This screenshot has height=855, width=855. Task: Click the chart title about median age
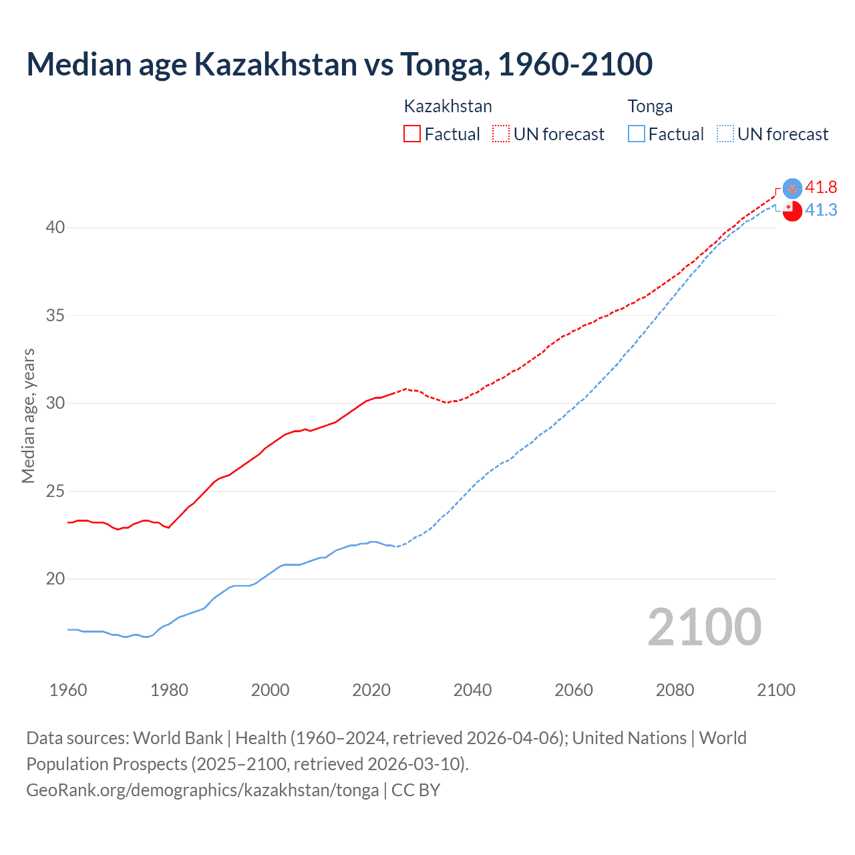(339, 64)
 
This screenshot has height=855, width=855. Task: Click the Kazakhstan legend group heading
(448, 106)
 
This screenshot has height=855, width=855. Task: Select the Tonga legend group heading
(650, 106)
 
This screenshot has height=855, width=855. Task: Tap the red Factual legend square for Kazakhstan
(412, 134)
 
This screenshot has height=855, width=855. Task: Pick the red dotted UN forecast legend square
(500, 134)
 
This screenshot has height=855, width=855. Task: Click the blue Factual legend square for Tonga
(636, 134)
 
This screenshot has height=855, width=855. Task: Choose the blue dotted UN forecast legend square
(725, 134)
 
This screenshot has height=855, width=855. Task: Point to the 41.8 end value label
(821, 187)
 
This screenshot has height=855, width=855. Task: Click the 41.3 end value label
(821, 210)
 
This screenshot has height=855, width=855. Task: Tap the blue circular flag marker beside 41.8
(792, 188)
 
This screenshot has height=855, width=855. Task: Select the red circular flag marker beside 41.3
(792, 211)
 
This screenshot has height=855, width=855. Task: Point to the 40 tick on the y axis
(55, 227)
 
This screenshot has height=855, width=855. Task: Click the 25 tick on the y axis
(55, 491)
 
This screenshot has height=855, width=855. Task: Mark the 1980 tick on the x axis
(169, 689)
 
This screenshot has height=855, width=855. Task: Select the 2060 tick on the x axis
(574, 689)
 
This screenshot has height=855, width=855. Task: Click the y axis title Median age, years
(28, 415)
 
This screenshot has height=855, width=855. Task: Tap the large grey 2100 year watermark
(704, 627)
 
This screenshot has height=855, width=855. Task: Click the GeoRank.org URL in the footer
(202, 790)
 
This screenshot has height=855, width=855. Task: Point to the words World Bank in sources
(178, 737)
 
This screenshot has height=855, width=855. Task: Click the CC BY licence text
(415, 790)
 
